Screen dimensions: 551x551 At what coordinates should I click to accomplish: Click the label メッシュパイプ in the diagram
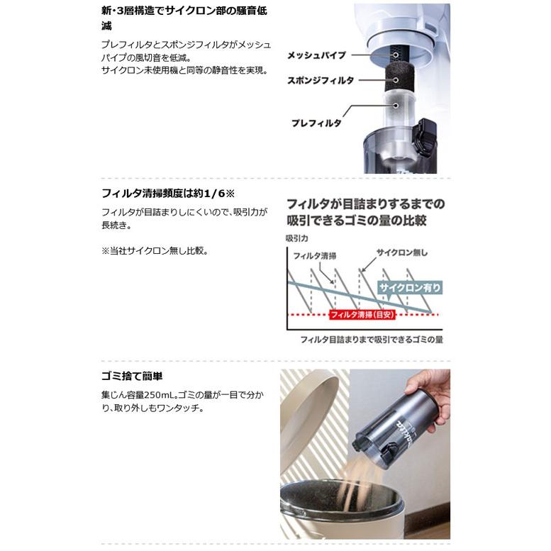click(316, 55)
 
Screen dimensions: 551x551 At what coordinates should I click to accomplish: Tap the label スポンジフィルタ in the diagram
click(320, 81)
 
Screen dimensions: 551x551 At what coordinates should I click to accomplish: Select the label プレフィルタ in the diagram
click(316, 123)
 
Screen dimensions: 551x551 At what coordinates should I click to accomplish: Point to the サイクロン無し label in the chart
click(401, 252)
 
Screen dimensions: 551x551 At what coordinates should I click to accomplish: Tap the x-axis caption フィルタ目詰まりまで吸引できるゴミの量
click(372, 340)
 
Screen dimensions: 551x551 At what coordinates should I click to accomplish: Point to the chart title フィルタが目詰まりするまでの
click(365, 204)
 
